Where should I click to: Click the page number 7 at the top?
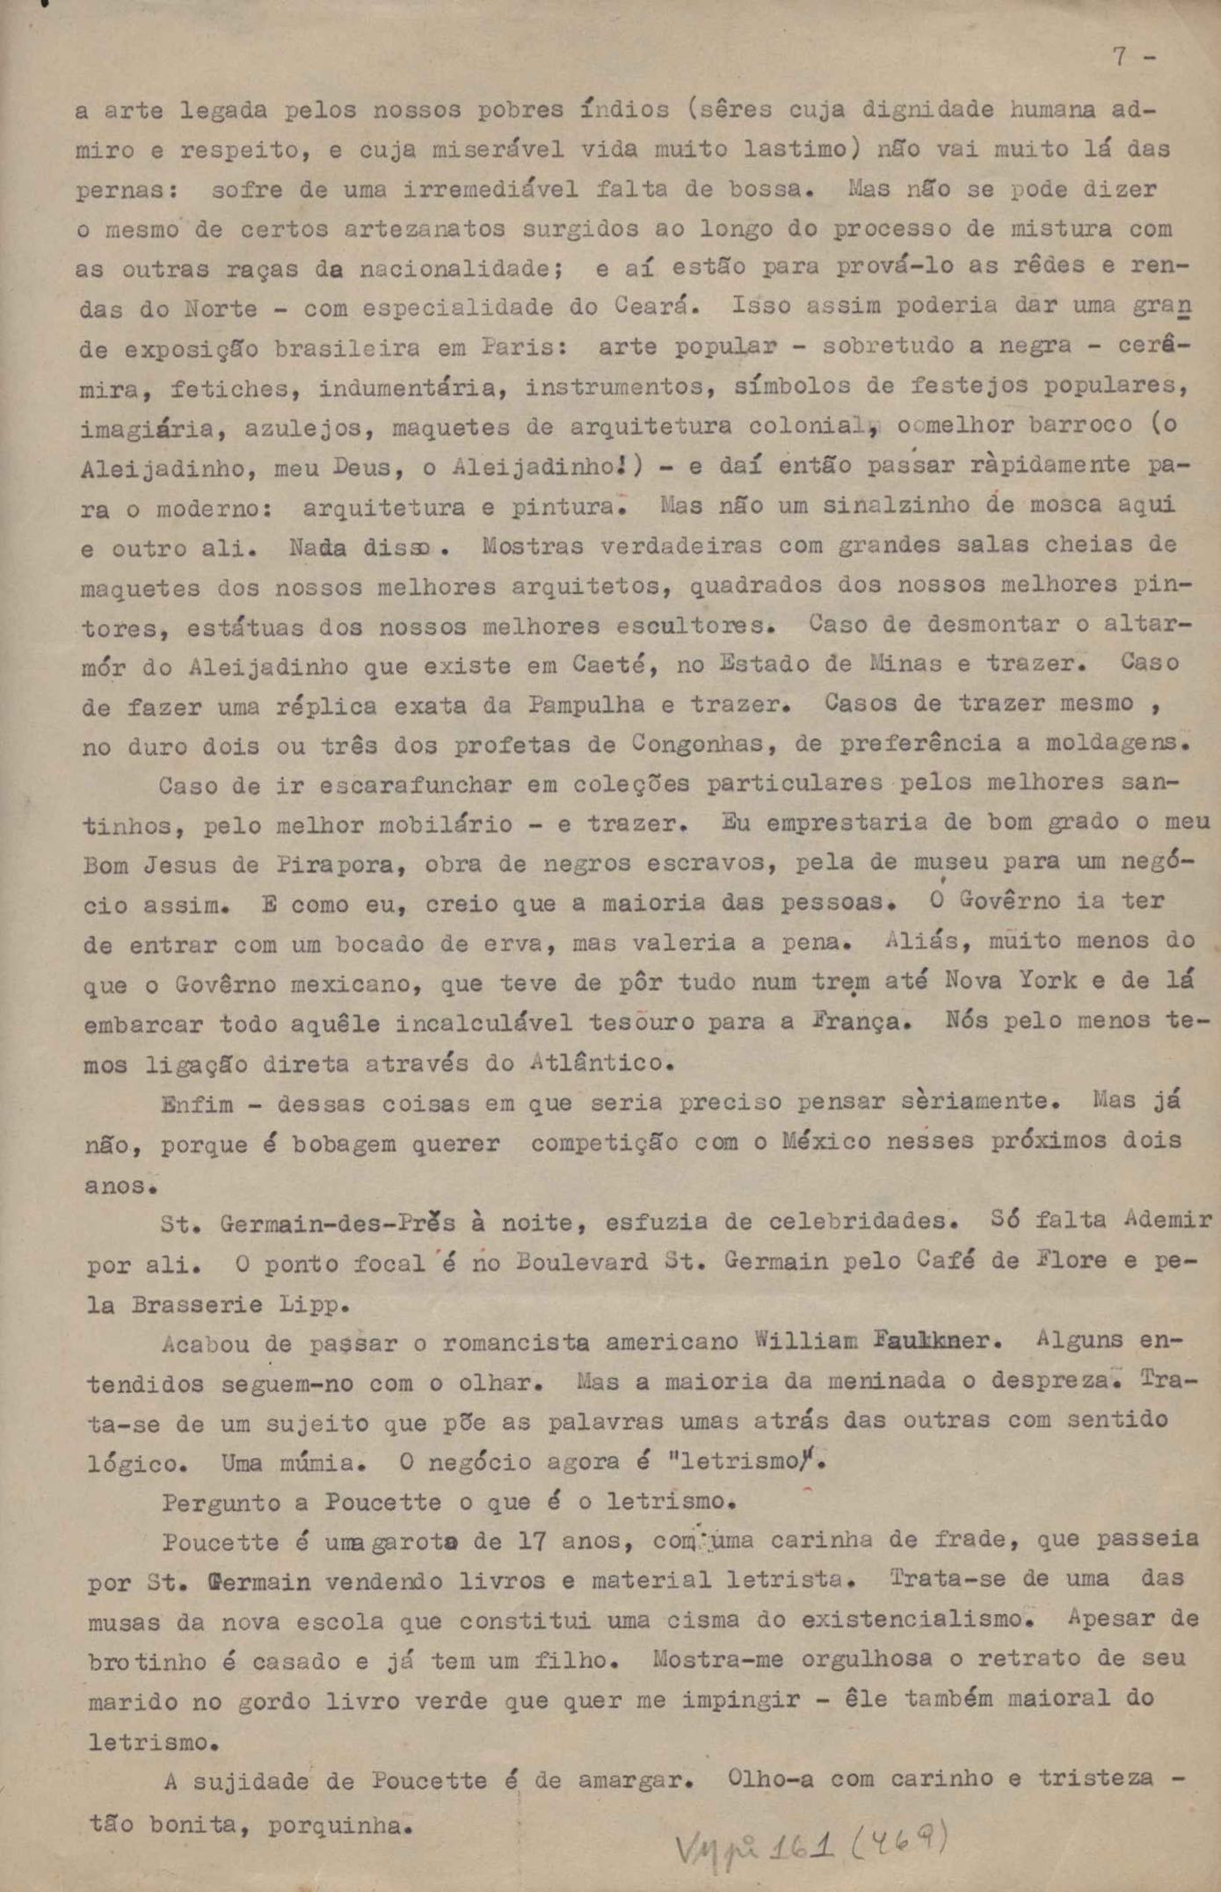1119,57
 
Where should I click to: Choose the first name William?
805,1343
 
